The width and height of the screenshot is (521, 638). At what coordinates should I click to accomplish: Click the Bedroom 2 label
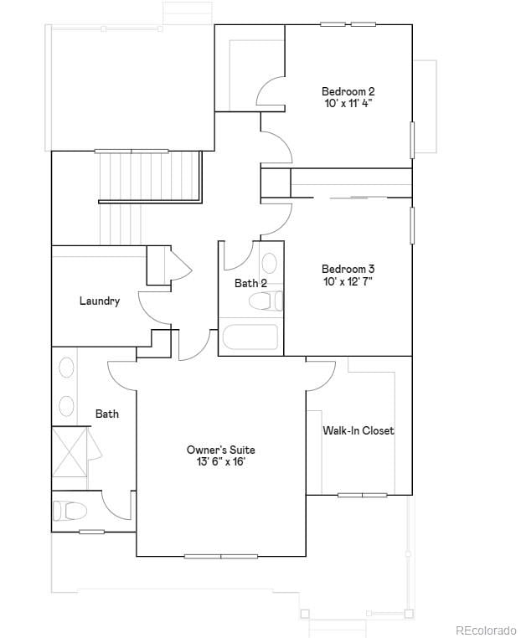pyautogui.click(x=348, y=91)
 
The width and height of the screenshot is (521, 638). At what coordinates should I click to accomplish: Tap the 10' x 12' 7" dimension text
pyautogui.click(x=348, y=281)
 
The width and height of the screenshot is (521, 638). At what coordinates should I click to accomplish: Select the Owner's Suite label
pyautogui.click(x=221, y=450)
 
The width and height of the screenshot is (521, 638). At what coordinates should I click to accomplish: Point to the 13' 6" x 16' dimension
pyautogui.click(x=221, y=461)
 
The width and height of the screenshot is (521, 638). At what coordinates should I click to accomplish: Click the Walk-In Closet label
pyautogui.click(x=359, y=430)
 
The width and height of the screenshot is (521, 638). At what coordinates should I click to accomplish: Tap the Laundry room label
pyautogui.click(x=100, y=301)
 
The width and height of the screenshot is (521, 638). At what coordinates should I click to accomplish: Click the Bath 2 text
pyautogui.click(x=250, y=283)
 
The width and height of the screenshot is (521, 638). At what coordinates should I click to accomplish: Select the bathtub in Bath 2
pyautogui.click(x=250, y=338)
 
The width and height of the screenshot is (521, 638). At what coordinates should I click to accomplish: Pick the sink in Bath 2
pyautogui.click(x=270, y=264)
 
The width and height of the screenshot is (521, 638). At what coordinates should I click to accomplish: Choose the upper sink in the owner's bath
pyautogui.click(x=66, y=368)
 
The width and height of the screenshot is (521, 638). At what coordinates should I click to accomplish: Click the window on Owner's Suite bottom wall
pyautogui.click(x=221, y=556)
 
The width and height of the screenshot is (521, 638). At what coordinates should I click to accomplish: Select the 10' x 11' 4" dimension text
pyautogui.click(x=348, y=103)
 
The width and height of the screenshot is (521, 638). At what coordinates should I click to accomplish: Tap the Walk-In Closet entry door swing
pyautogui.click(x=319, y=375)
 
